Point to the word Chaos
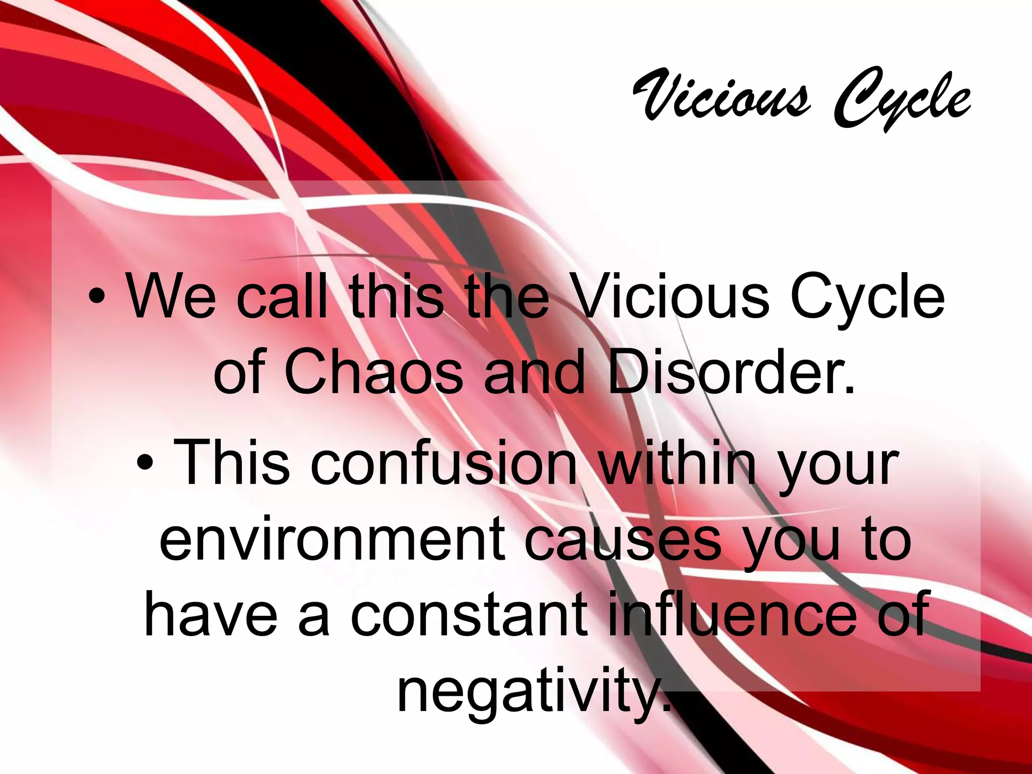373,372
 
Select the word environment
333,539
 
